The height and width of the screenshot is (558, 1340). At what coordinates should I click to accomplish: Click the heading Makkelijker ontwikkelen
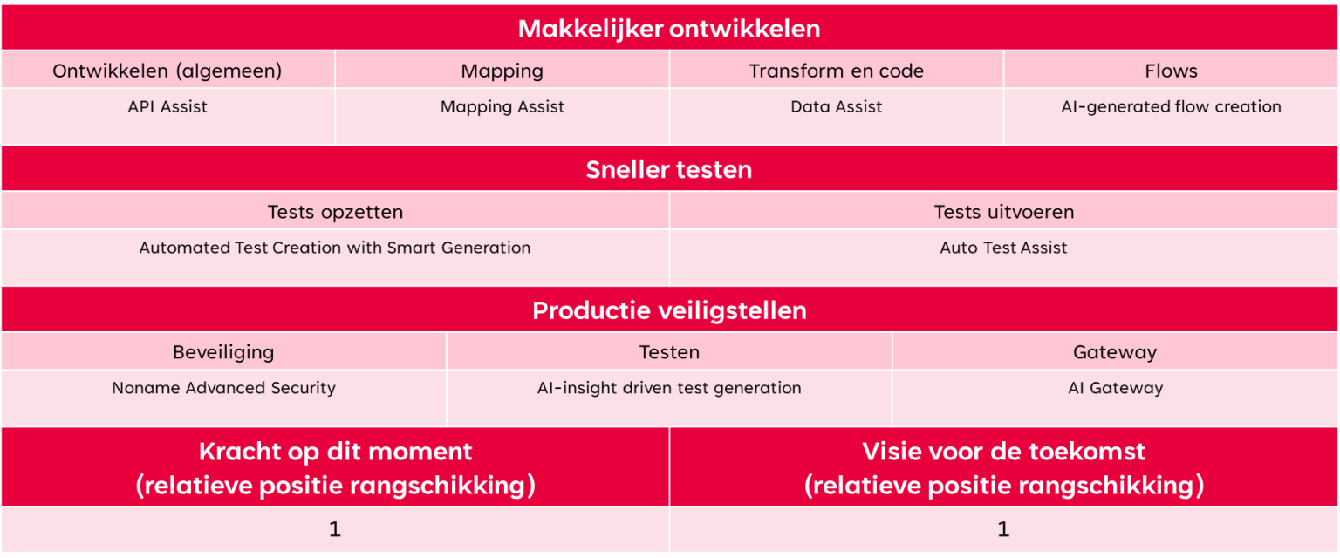click(x=669, y=29)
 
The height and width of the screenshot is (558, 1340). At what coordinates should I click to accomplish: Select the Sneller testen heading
click(x=669, y=170)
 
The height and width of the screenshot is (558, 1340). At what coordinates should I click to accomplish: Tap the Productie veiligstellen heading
click(x=669, y=310)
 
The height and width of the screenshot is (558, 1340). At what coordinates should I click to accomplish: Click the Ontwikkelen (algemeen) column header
click(x=167, y=71)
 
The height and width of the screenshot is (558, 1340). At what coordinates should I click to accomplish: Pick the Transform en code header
click(x=837, y=71)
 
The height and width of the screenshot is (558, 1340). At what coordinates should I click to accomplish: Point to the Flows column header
click(x=1171, y=71)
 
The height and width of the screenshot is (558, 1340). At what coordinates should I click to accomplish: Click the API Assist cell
click(x=167, y=106)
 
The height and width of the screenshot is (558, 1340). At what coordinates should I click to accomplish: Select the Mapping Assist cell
click(x=502, y=107)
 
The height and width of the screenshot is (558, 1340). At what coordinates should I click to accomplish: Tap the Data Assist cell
click(x=837, y=106)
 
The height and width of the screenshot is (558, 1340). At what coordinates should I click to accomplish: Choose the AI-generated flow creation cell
click(x=1171, y=107)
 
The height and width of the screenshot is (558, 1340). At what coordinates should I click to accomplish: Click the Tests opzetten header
click(x=335, y=213)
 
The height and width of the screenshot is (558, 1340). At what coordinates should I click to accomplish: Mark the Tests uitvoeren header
click(x=1004, y=212)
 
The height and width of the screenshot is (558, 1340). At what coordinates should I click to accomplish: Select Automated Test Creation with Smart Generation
click(x=335, y=248)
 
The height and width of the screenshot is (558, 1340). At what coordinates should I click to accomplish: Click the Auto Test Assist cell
click(x=1003, y=248)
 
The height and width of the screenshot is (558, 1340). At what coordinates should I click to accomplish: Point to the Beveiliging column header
click(x=223, y=352)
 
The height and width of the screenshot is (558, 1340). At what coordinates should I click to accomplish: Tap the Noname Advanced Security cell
click(x=223, y=388)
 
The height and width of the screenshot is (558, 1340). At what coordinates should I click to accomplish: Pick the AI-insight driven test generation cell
click(x=669, y=388)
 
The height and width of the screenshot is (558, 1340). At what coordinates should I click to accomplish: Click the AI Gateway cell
click(x=1115, y=388)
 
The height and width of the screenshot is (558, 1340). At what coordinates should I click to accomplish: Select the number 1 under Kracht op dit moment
click(x=335, y=529)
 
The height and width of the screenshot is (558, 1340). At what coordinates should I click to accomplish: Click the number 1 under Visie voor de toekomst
click(x=1003, y=529)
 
